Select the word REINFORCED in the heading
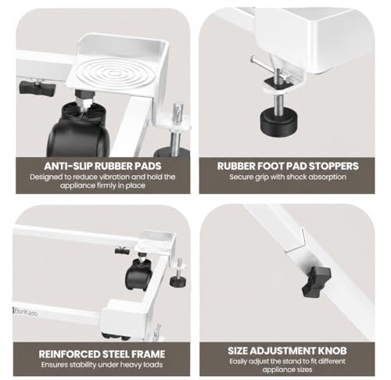point(69,354)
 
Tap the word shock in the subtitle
point(296,177)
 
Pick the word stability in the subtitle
point(82,364)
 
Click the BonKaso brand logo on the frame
point(25,311)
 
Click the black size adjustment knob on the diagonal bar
point(317,281)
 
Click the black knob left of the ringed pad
point(38,88)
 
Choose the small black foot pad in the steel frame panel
point(178,281)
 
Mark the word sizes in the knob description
point(303,370)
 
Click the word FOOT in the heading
point(271,166)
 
